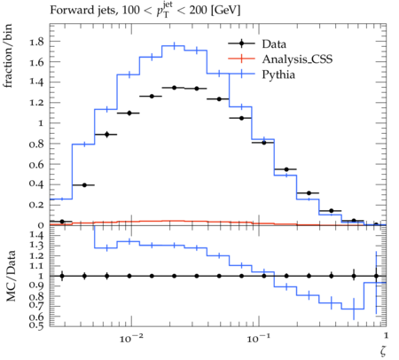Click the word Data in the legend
(x=274, y=44)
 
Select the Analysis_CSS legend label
(x=297, y=59)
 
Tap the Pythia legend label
(x=278, y=74)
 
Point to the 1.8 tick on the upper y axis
(x=36, y=42)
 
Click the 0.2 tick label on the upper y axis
(x=36, y=205)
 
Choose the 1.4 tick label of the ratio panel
(x=36, y=236)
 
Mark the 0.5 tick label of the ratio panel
(x=36, y=325)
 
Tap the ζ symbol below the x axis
(x=383, y=350)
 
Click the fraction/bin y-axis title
(x=8, y=56)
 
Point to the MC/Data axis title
(x=11, y=276)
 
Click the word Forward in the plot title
(x=68, y=10)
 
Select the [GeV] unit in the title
(x=226, y=11)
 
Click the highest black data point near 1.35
(x=174, y=88)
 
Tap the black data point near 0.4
(x=84, y=185)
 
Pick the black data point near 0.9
(x=107, y=135)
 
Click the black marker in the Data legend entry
(x=241, y=43)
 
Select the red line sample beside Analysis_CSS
(x=241, y=59)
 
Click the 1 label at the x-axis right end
(x=386, y=335)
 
